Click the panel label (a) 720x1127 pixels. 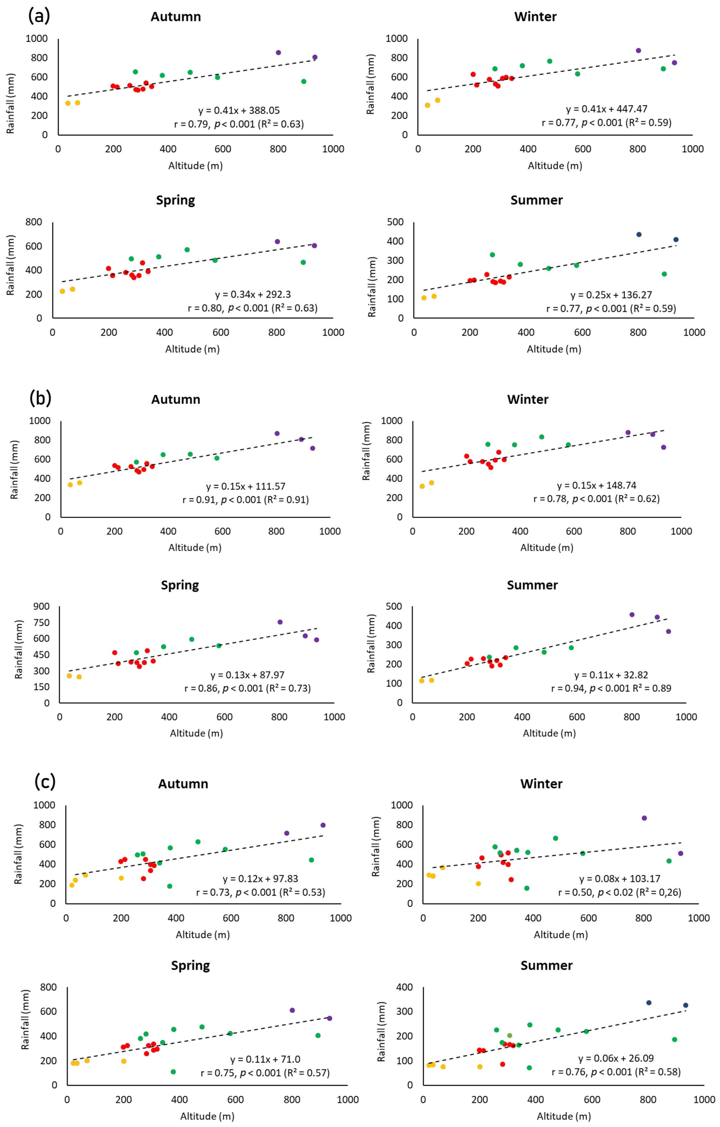tap(39, 16)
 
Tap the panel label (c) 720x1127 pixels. tap(45, 781)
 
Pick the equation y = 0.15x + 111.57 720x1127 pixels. tap(246, 487)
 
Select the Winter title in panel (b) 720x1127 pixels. tap(528, 399)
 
